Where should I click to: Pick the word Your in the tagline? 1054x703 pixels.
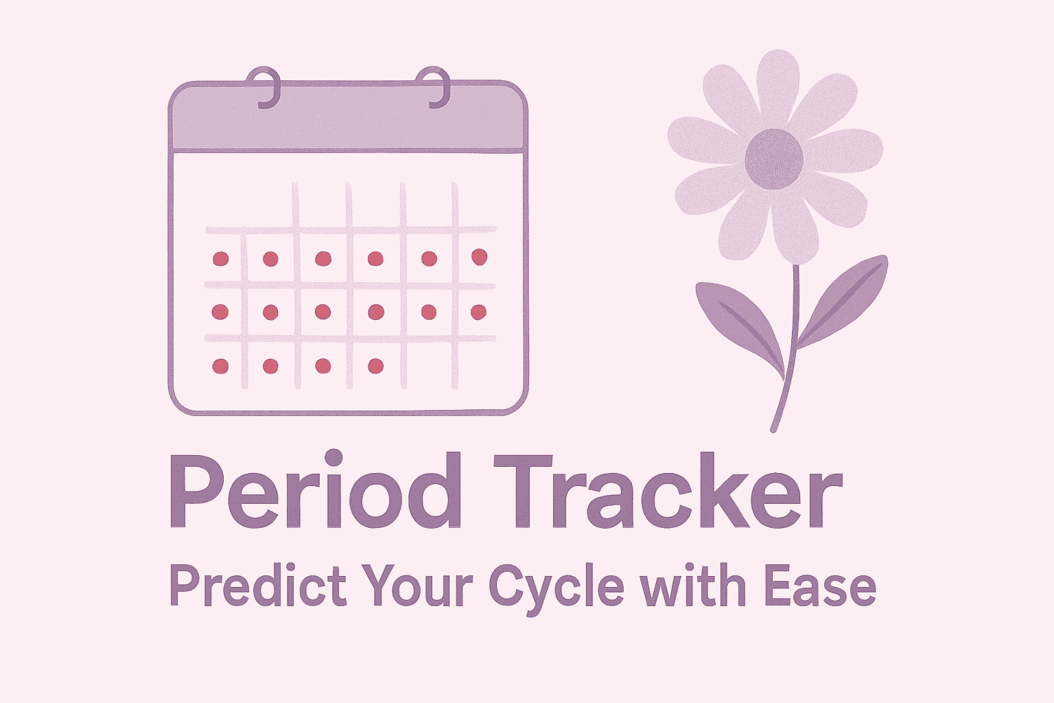tap(418, 588)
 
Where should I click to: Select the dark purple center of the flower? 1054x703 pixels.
tap(774, 159)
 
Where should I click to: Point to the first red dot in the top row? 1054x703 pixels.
tap(220, 259)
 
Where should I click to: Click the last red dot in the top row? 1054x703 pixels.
tap(479, 257)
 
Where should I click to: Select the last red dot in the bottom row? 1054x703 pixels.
tap(375, 366)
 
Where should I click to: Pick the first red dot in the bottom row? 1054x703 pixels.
tap(220, 366)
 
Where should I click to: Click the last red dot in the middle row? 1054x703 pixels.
tap(478, 312)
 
